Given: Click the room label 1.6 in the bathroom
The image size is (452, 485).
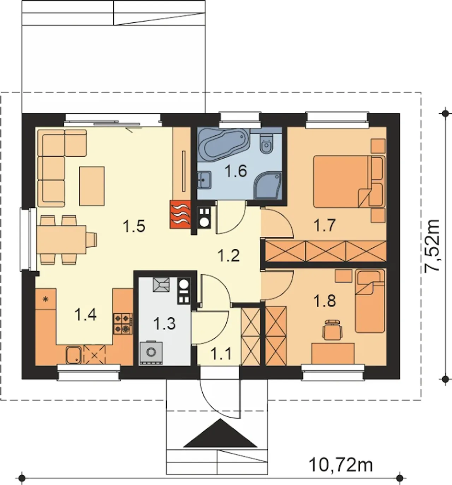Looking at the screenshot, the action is coord(236,171).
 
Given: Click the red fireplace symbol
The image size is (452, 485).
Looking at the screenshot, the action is coord(180,214).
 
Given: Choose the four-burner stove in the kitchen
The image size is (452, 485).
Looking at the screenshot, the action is coord(123,324).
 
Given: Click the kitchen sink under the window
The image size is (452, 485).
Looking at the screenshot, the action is coord(73,355).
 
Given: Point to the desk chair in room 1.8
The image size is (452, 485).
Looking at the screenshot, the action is coord(332,329).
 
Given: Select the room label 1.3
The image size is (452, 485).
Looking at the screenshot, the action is coord(164,323).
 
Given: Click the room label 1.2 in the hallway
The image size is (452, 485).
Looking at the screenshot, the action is coord(228,256).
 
